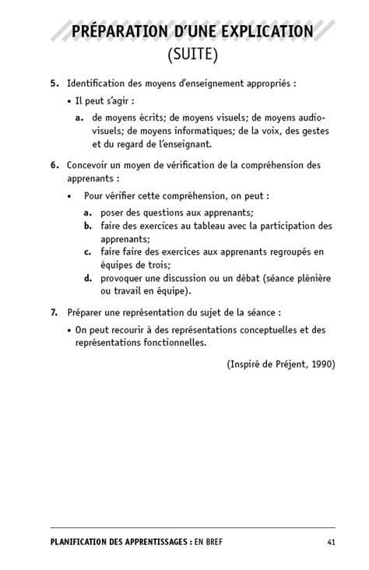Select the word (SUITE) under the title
click(192, 55)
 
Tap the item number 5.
click(54, 83)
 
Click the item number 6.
click(54, 165)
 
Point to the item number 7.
click(54, 312)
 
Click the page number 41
click(331, 542)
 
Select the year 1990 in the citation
click(322, 364)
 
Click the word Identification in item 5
click(99, 83)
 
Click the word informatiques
click(195, 131)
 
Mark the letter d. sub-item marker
click(89, 278)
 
